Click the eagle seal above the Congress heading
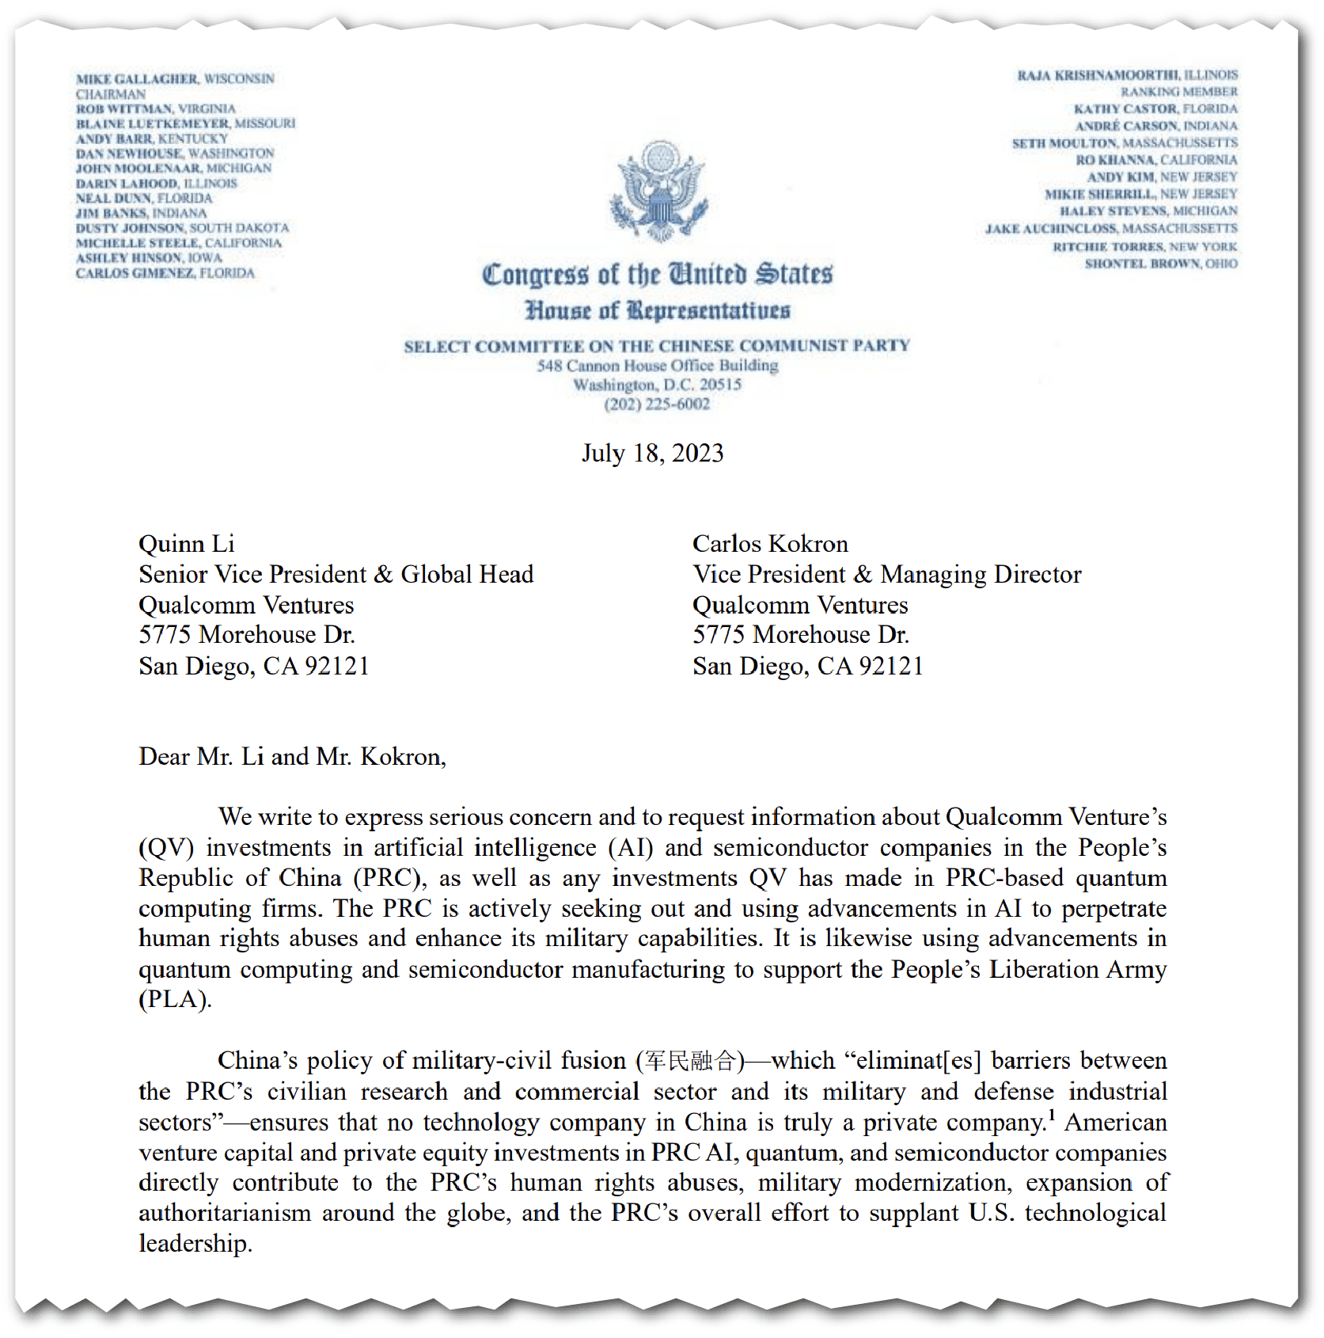coord(658,191)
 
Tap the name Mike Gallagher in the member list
coord(137,79)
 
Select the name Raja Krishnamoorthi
coord(1098,75)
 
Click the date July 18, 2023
coord(653,453)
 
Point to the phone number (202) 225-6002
coord(657,405)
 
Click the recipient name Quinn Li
coord(187,544)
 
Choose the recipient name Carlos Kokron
coord(770,544)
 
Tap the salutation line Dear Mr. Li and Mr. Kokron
coord(292,757)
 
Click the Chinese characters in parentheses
coord(689,1060)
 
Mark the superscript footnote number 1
coord(1052,1116)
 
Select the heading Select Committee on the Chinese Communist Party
coord(657,346)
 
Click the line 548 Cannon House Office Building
coord(657,366)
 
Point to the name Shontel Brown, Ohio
coord(1160,264)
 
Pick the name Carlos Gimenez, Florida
coord(165,273)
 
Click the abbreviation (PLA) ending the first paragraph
coord(175,1000)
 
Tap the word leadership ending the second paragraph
coord(195,1244)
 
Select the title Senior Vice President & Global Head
coord(336,574)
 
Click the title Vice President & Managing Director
coord(886,574)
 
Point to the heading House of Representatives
coord(657,310)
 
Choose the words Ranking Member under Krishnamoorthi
coord(1178,92)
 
